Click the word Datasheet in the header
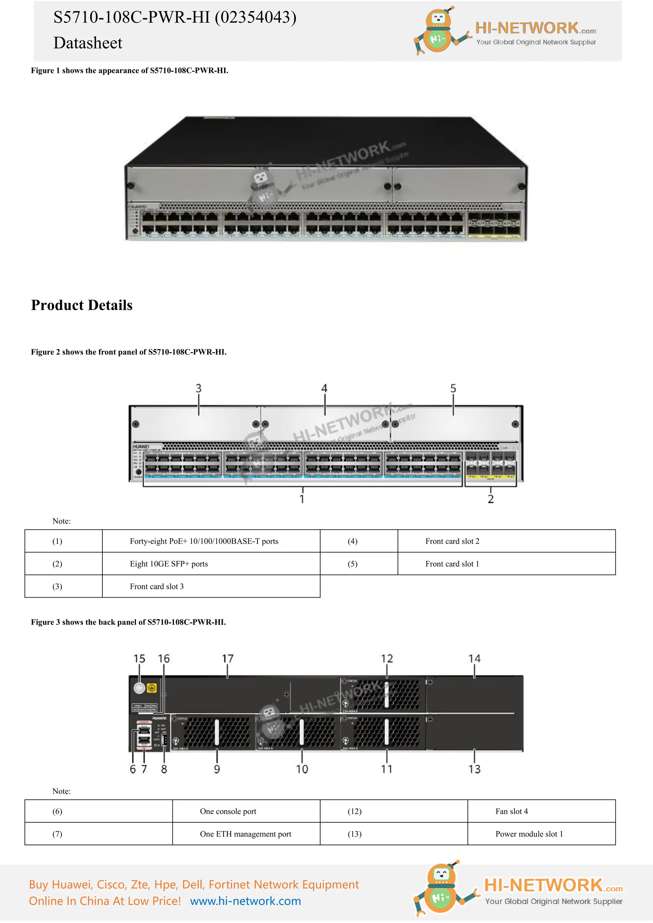pos(88,43)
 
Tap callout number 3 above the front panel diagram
pos(198,388)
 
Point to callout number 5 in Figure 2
pos(453,388)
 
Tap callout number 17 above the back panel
pos(228,658)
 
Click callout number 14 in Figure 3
pos(474,658)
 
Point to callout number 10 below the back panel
pos(302,769)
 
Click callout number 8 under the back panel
pos(164,769)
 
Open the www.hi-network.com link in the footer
pos(245,901)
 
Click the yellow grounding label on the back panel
pos(151,688)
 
